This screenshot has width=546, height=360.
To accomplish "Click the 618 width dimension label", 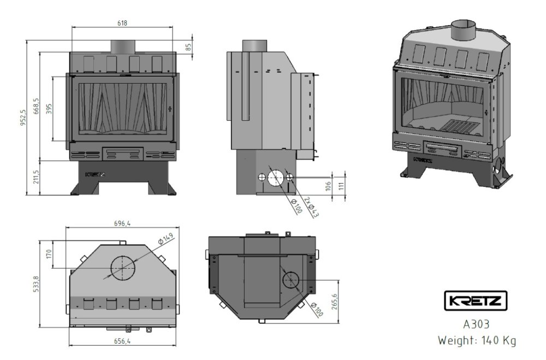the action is tap(122, 23).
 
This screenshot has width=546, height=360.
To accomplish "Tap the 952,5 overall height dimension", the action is tap(23, 117).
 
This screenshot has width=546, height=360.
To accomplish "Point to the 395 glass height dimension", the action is tap(49, 109).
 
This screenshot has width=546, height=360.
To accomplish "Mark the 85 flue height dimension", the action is tap(188, 47).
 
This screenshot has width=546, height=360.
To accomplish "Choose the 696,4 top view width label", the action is tap(122, 224).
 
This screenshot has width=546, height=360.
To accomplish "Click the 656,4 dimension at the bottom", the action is tap(122, 341).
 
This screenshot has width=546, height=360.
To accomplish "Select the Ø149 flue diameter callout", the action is tap(165, 239).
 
